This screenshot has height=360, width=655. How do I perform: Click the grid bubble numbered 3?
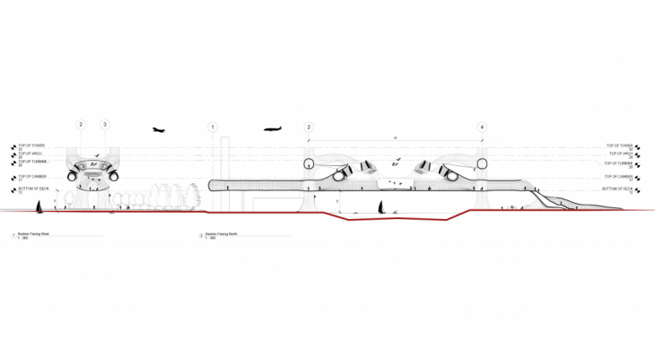coord(105,124)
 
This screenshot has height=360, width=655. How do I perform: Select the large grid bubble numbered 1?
coord(214,127)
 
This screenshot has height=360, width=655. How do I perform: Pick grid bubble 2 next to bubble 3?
coord(81,124)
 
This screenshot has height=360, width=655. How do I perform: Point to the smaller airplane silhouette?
coord(160,130)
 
